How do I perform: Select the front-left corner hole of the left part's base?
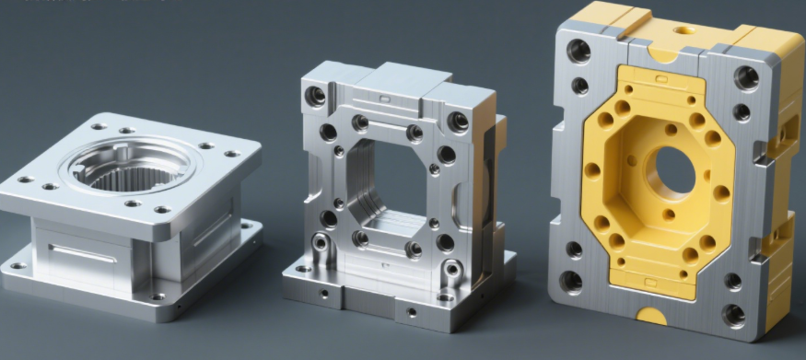pyautogui.click(x=17, y=267)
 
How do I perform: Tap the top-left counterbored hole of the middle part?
pyautogui.click(x=316, y=95)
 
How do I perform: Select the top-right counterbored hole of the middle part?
pyautogui.click(x=457, y=121)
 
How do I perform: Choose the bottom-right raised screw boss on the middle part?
pyautogui.click(x=452, y=270)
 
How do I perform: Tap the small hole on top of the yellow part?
pyautogui.click(x=683, y=29)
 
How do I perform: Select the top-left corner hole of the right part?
pyautogui.click(x=578, y=51)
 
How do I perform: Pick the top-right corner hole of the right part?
pyautogui.click(x=747, y=77)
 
